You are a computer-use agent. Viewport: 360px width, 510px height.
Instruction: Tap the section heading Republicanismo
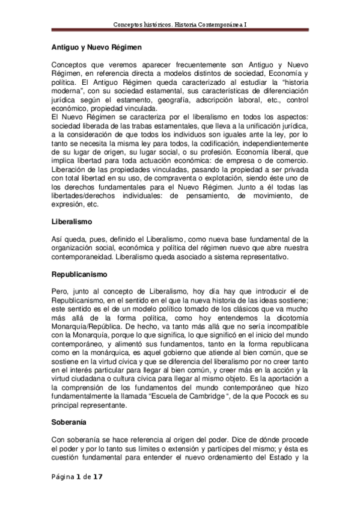pos(79,274)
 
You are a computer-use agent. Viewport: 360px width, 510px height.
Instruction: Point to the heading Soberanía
pos(68,422)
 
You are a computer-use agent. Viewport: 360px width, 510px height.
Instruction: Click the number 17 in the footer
pos(98,476)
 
